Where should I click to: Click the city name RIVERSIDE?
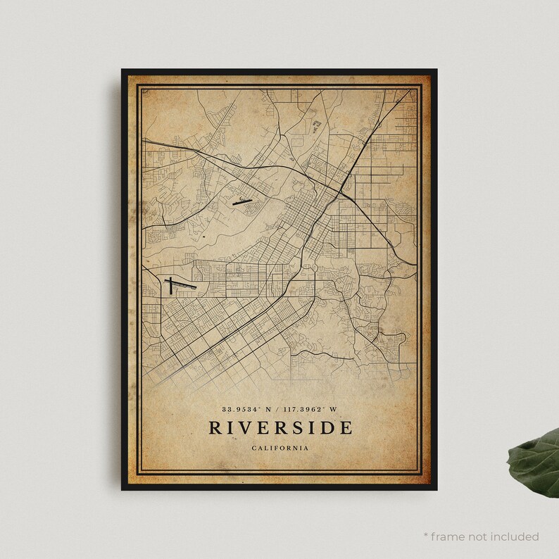[279, 427]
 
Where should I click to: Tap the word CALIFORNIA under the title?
[279, 447]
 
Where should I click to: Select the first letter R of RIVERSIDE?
[213, 427]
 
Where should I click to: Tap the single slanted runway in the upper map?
[240, 201]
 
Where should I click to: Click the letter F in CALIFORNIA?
[276, 447]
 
